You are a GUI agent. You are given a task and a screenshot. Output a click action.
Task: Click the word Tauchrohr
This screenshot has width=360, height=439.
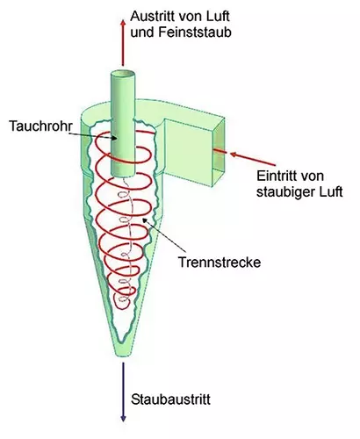40,126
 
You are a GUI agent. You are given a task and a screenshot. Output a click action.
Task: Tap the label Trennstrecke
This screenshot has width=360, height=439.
220,262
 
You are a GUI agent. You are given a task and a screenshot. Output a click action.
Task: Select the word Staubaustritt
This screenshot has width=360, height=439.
170,399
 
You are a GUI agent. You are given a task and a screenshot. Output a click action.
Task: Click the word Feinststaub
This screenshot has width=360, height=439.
195,32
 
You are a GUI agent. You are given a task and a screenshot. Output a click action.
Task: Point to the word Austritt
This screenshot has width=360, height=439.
151,17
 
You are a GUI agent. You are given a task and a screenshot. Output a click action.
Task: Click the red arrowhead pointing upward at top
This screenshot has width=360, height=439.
123,24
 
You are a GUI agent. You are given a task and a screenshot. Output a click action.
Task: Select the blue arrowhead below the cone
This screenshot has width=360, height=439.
123,418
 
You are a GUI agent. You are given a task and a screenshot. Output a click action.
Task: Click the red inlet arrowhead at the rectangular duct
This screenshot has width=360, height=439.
234,154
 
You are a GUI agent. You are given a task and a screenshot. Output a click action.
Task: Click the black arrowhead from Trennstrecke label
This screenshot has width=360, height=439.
145,220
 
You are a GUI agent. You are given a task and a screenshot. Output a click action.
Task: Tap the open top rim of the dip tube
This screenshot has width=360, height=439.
123,73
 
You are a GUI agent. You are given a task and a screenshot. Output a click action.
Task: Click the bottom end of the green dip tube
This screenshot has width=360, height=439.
123,174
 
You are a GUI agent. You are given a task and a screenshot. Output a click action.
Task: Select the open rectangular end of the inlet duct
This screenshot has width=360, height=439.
219,152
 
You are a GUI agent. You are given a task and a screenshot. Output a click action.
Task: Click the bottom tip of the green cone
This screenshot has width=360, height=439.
123,355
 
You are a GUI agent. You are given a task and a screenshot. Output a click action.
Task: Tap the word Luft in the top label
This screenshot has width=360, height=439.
219,17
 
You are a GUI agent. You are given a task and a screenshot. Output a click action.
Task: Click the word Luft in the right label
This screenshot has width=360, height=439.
331,192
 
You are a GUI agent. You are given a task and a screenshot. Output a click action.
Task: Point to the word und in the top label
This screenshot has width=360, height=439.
142,32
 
